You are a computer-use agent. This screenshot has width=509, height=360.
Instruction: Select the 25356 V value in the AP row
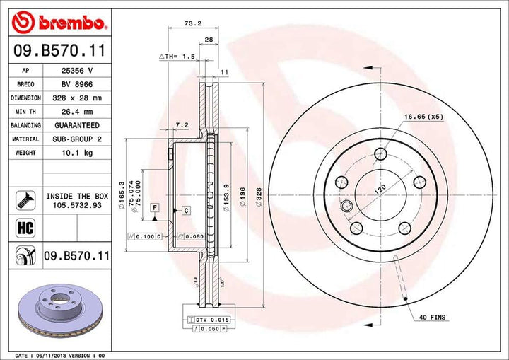click(x=78, y=71)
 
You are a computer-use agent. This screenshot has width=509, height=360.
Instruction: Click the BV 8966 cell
click(x=78, y=85)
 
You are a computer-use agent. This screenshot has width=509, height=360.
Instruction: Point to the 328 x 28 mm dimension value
click(x=78, y=98)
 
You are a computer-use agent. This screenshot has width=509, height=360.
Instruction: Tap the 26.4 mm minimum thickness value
click(x=78, y=112)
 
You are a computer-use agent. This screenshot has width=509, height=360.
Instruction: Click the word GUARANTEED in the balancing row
click(x=78, y=125)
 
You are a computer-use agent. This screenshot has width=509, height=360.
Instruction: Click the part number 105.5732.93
click(x=77, y=205)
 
